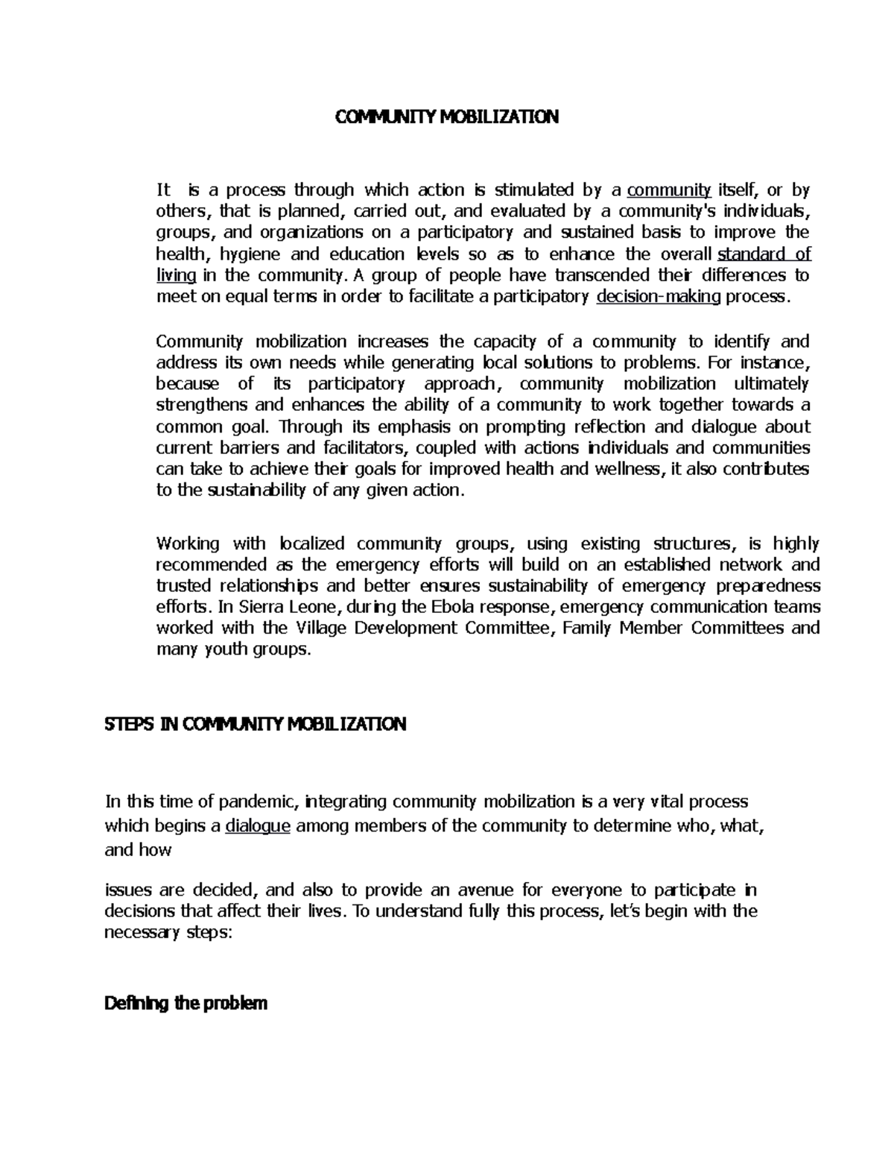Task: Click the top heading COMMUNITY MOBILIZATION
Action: pyautogui.click(x=446, y=117)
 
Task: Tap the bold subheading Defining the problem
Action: pyautogui.click(x=186, y=1004)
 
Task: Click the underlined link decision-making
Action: pyautogui.click(x=659, y=297)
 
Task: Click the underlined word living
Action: pyautogui.click(x=177, y=275)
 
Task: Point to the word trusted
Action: pyautogui.click(x=183, y=585)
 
